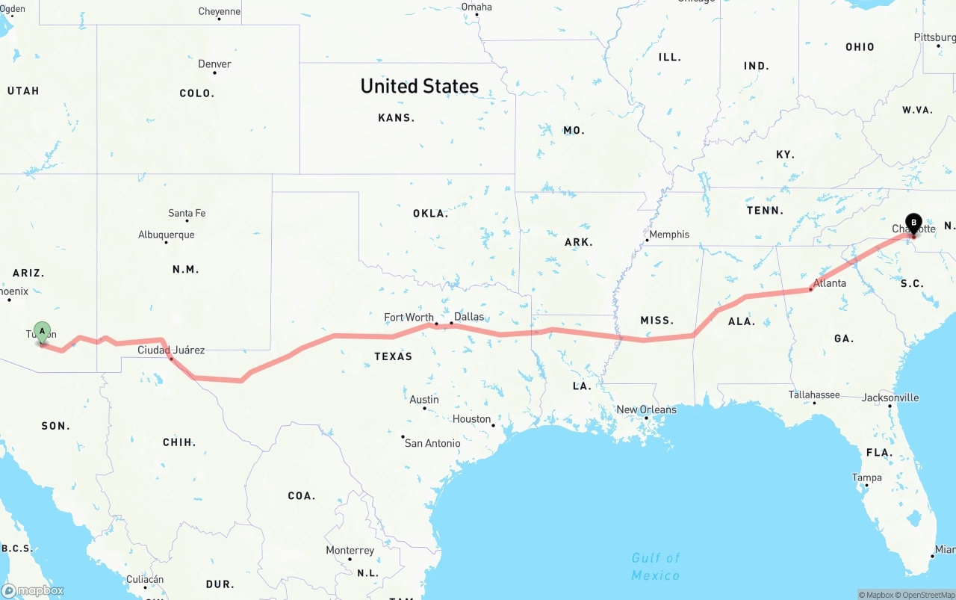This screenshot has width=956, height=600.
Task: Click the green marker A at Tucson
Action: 43,331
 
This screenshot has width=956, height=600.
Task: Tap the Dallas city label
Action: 469,317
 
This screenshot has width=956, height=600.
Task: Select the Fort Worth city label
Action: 409,318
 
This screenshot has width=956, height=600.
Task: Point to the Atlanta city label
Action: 830,283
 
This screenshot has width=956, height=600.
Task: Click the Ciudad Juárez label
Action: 171,350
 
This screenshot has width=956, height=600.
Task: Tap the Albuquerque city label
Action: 166,235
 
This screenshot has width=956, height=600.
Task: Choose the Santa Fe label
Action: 187,214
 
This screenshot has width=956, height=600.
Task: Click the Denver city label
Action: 214,64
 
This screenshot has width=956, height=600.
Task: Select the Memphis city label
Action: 669,235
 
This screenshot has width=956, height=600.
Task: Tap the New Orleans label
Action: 646,409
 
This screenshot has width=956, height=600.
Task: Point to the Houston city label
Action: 471,419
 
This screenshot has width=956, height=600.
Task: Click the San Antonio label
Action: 432,443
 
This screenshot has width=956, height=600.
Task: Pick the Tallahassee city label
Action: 814,395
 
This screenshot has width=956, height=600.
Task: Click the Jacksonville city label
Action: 890,398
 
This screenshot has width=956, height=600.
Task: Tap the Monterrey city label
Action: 350,551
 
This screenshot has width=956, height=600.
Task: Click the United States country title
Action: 419,86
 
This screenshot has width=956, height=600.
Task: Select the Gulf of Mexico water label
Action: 656,566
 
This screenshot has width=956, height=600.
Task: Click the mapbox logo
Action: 33,591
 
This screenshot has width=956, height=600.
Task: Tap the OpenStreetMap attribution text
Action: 928,595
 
